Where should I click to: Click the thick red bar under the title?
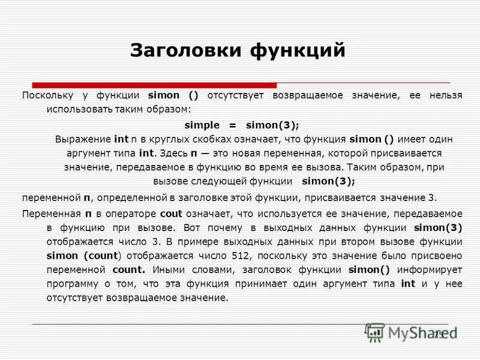click(154, 85)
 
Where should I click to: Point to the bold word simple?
click(203, 125)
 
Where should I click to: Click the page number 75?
click(439, 334)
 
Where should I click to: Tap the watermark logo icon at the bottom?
click(374, 332)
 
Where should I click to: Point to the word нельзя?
click(442, 95)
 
